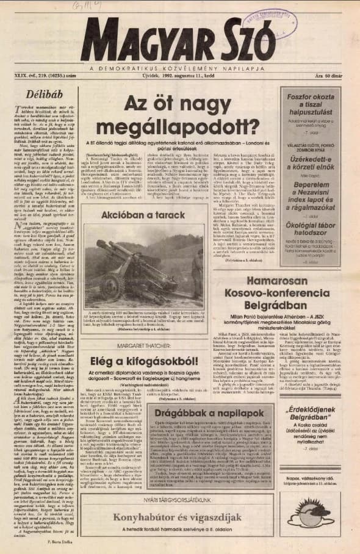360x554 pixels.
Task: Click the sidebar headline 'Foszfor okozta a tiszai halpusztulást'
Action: click(x=309, y=101)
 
